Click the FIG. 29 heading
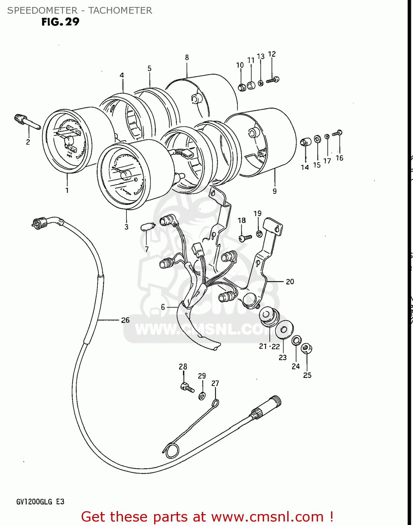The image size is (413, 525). (60, 22)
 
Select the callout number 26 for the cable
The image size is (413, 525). (125, 320)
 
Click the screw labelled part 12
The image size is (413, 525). (272, 80)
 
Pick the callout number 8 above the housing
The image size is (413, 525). (187, 57)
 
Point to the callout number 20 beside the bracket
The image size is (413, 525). (290, 281)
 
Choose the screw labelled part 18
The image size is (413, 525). (245, 238)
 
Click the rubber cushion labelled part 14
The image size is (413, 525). (305, 142)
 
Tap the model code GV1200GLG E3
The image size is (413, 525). (40, 502)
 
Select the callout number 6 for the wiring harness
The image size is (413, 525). (163, 307)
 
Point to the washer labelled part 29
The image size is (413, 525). (202, 396)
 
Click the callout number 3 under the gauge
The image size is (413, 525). (126, 227)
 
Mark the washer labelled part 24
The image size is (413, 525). (296, 340)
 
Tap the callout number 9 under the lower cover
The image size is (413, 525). (275, 191)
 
